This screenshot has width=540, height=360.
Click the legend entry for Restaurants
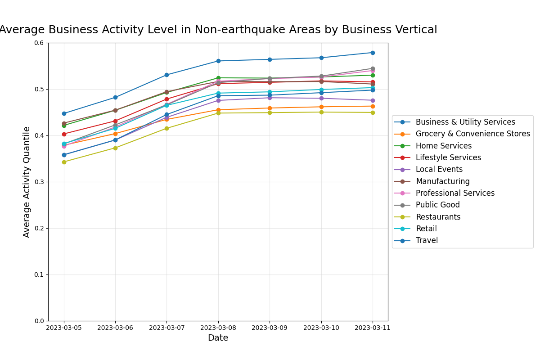438,217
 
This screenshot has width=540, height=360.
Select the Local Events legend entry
439,170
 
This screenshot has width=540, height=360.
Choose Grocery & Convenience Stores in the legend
472,134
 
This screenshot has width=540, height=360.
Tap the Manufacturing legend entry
442,181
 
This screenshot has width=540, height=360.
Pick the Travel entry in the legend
426,241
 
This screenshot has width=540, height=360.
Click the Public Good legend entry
437,205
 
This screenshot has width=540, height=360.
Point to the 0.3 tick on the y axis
40,182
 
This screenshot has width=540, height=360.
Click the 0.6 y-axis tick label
40,43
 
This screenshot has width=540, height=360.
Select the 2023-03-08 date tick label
218,328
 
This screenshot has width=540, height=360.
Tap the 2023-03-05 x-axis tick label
64,328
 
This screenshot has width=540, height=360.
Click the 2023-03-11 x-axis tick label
373,328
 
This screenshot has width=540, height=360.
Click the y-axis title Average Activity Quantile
27,182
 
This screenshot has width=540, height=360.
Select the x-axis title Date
218,338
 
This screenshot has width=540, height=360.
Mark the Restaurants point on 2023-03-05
64,162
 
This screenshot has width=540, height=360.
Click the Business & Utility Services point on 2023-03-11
373,53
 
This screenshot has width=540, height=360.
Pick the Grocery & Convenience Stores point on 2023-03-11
373,106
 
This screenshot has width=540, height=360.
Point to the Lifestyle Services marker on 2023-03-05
64,134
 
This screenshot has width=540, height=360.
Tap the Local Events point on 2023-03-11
373,100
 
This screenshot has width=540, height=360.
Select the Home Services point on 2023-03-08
218,78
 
